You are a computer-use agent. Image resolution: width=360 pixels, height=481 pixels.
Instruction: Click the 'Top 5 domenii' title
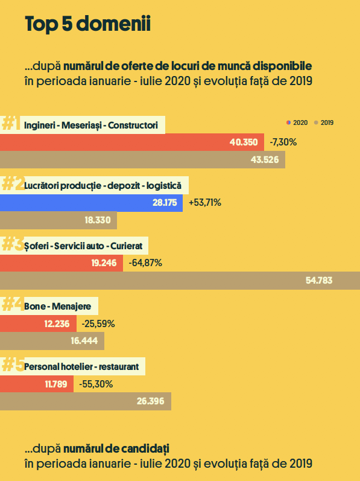click(x=87, y=24)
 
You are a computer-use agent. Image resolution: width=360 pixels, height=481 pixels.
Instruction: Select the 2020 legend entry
click(x=297, y=123)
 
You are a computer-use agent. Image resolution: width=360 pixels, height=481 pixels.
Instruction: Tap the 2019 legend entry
click(x=324, y=123)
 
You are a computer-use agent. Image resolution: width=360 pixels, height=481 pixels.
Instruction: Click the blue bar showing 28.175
click(x=91, y=203)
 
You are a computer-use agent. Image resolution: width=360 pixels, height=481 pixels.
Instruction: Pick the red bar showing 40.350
click(x=132, y=142)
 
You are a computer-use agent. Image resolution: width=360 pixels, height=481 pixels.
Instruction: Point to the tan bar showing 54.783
click(x=180, y=281)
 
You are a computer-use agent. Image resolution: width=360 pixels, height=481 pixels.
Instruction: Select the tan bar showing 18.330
click(x=58, y=220)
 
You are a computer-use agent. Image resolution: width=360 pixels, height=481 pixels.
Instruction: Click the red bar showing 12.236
click(x=39, y=323)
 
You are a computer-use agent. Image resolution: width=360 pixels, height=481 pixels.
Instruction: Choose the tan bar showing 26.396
click(x=86, y=401)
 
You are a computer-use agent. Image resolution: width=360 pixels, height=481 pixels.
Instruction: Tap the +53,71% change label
click(x=205, y=203)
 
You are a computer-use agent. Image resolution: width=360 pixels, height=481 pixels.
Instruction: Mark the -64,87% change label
click(x=145, y=263)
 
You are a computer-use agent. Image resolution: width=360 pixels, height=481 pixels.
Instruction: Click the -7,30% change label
click(x=283, y=142)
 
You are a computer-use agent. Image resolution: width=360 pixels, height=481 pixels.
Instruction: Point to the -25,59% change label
click(x=98, y=323)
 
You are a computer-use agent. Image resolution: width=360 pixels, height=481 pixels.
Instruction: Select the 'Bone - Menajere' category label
click(x=58, y=306)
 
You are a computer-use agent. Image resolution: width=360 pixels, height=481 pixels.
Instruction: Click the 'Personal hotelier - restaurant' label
click(x=81, y=366)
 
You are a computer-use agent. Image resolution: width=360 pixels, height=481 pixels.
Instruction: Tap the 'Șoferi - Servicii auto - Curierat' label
click(x=83, y=246)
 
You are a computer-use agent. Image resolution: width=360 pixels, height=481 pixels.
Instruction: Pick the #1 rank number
click(x=11, y=123)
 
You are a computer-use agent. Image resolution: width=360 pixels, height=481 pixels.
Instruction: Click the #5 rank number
click(x=13, y=365)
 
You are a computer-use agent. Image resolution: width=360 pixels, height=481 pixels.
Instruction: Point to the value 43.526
click(x=265, y=160)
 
